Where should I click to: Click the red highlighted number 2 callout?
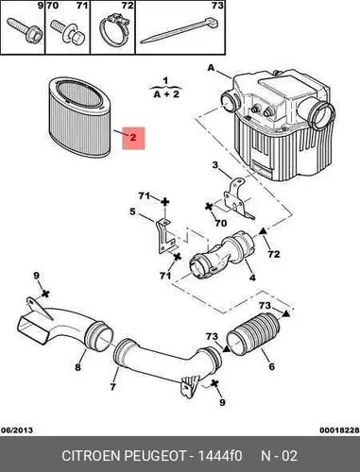(133, 138)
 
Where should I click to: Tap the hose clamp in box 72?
(114, 30)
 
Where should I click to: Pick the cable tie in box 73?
(180, 30)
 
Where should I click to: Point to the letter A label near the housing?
(211, 68)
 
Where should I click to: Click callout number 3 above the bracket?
(215, 165)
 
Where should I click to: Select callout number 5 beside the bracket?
(132, 211)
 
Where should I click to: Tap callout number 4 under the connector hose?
(252, 278)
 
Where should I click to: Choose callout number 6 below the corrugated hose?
(271, 366)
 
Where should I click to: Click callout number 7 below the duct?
(112, 386)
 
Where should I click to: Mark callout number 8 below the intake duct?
(77, 367)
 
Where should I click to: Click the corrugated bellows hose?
(253, 334)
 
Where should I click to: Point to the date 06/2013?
(17, 430)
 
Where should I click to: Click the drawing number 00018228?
(339, 430)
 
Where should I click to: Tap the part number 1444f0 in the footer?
(220, 456)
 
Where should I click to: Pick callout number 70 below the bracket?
(220, 223)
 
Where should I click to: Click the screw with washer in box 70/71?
(68, 33)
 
